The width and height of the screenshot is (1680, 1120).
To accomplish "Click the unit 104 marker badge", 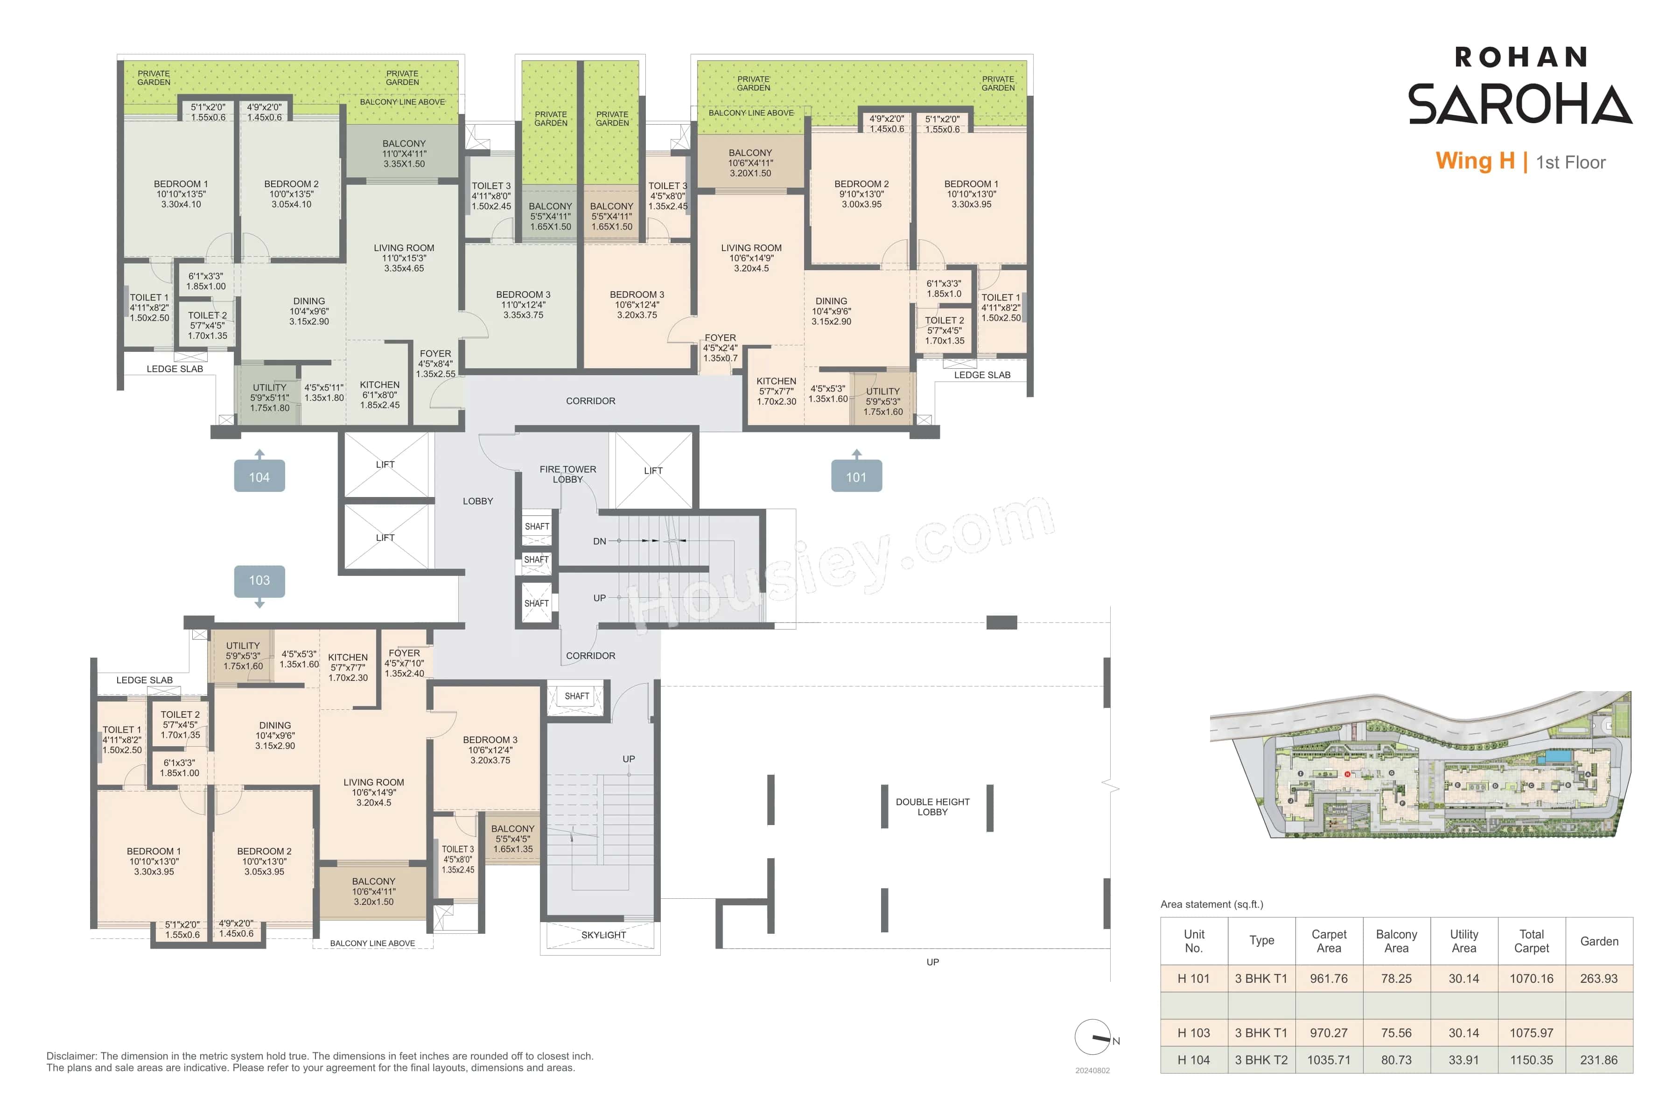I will click(x=259, y=476).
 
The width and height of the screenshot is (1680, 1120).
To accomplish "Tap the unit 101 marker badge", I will click(x=856, y=476).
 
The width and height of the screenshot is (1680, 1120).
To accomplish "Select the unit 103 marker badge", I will click(x=259, y=581).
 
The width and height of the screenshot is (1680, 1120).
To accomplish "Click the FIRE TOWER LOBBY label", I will click(x=568, y=474).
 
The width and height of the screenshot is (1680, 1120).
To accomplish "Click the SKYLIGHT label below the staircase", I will click(x=603, y=935).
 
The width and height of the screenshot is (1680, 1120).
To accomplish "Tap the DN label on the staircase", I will click(x=599, y=541).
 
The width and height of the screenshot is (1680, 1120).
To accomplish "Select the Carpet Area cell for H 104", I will click(x=1329, y=1060).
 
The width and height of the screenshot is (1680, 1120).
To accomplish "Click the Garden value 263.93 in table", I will click(x=1599, y=979).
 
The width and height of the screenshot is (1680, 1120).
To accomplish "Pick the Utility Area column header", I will click(x=1463, y=941).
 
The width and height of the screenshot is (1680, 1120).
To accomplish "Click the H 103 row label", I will click(x=1194, y=1033).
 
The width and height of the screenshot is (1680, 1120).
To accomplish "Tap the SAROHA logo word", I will click(x=1519, y=104).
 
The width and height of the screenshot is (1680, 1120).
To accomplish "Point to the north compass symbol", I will click(x=1093, y=1036).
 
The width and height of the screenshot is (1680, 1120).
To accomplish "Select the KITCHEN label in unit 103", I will click(x=348, y=657).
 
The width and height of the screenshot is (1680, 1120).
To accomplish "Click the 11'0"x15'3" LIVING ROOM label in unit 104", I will click(x=404, y=258).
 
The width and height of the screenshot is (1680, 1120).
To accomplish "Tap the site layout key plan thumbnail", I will click(x=1420, y=764).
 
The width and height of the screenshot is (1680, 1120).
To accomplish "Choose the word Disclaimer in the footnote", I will click(x=71, y=1056).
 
